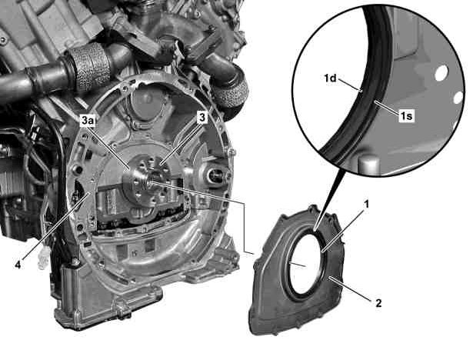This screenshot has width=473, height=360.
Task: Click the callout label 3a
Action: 87,121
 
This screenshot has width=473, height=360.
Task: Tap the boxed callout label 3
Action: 202,118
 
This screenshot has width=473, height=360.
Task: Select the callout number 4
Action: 18,265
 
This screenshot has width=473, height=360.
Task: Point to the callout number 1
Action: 367,205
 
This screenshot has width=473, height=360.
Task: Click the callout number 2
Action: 378,302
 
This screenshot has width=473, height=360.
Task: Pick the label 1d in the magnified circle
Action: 330,78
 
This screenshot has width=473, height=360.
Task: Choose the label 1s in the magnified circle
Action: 406,115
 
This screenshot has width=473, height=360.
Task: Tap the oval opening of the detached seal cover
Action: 305,262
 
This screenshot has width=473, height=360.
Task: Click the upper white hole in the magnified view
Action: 441,73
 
